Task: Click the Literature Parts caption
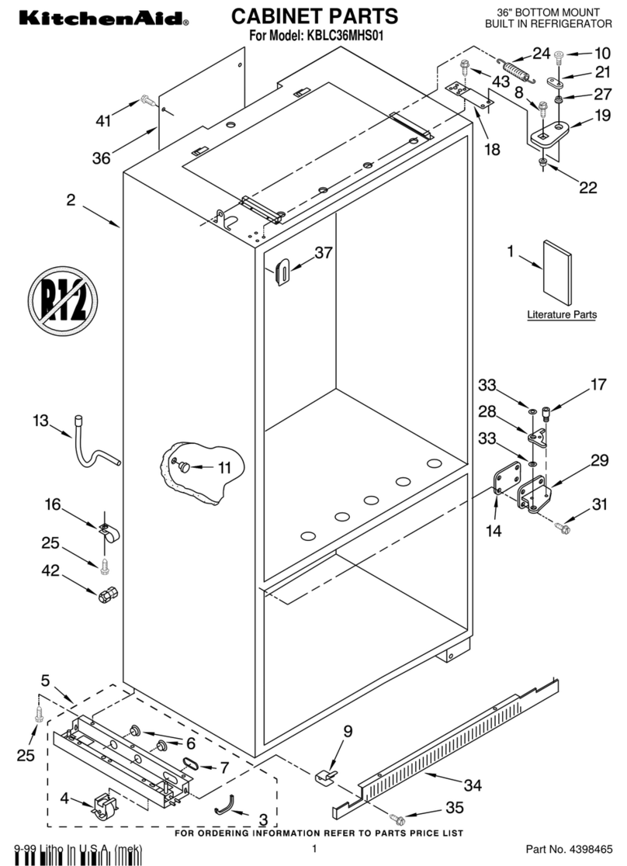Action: point(562,315)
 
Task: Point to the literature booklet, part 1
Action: point(556,273)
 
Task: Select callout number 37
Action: point(323,253)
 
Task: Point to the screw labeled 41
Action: point(147,99)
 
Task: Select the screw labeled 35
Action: point(397,818)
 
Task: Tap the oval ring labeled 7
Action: point(189,765)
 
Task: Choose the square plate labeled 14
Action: point(507,479)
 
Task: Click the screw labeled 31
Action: point(563,528)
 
